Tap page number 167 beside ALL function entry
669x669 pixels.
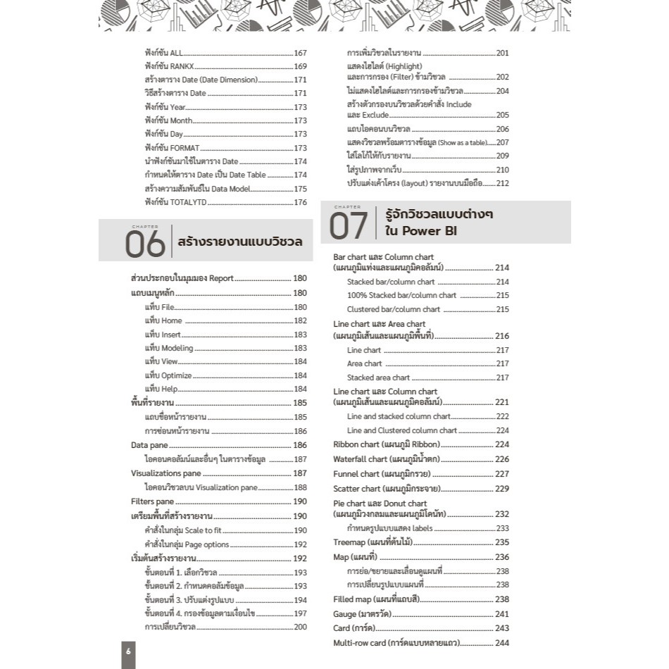click(x=301, y=53)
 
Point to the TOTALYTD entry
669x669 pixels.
click(x=173, y=202)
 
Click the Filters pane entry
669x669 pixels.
click(x=152, y=501)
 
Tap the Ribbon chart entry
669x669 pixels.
click(x=387, y=444)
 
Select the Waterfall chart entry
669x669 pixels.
click(x=389, y=459)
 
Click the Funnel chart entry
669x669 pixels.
click(x=381, y=474)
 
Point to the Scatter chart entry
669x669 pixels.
click(x=387, y=489)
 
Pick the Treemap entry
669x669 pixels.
click(x=373, y=542)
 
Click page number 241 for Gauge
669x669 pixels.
click(x=502, y=614)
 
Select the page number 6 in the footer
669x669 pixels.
click(x=128, y=651)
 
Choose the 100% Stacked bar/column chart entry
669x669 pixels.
click(x=401, y=296)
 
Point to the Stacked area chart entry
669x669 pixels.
click(x=378, y=377)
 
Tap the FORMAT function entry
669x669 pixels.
click(x=173, y=148)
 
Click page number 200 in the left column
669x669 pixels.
click(x=301, y=627)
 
